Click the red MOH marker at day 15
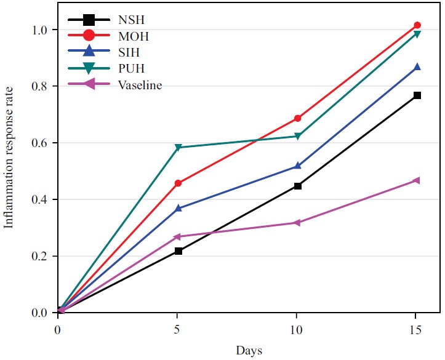tap(417, 25)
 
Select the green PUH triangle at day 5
tap(178, 148)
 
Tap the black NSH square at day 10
tap(297, 186)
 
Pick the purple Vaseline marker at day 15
tap(416, 180)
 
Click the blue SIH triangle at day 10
tap(297, 166)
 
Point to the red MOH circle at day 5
tap(178, 183)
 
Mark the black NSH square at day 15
tap(417, 95)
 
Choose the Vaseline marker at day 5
tap(178, 236)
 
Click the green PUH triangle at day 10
tap(297, 137)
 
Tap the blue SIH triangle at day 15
tap(417, 66)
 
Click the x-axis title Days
tap(249, 351)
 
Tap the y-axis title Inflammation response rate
tap(10, 171)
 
